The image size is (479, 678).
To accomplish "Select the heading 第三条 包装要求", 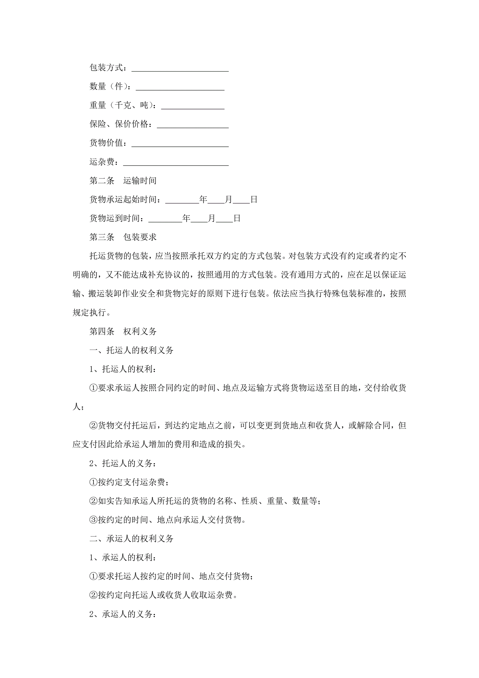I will [123, 237].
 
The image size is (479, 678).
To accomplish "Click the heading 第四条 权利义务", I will [123, 331].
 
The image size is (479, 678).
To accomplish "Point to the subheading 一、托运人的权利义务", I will [131, 350].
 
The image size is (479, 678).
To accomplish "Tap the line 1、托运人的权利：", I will [123, 369].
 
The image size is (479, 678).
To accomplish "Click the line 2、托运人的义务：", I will [123, 463].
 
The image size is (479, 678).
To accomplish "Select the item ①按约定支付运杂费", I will [129, 482].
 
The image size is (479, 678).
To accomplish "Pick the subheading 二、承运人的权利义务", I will [131, 539].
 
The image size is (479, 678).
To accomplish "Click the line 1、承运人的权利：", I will [123, 558].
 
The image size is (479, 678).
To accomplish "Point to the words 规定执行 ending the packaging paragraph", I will [89, 313].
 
